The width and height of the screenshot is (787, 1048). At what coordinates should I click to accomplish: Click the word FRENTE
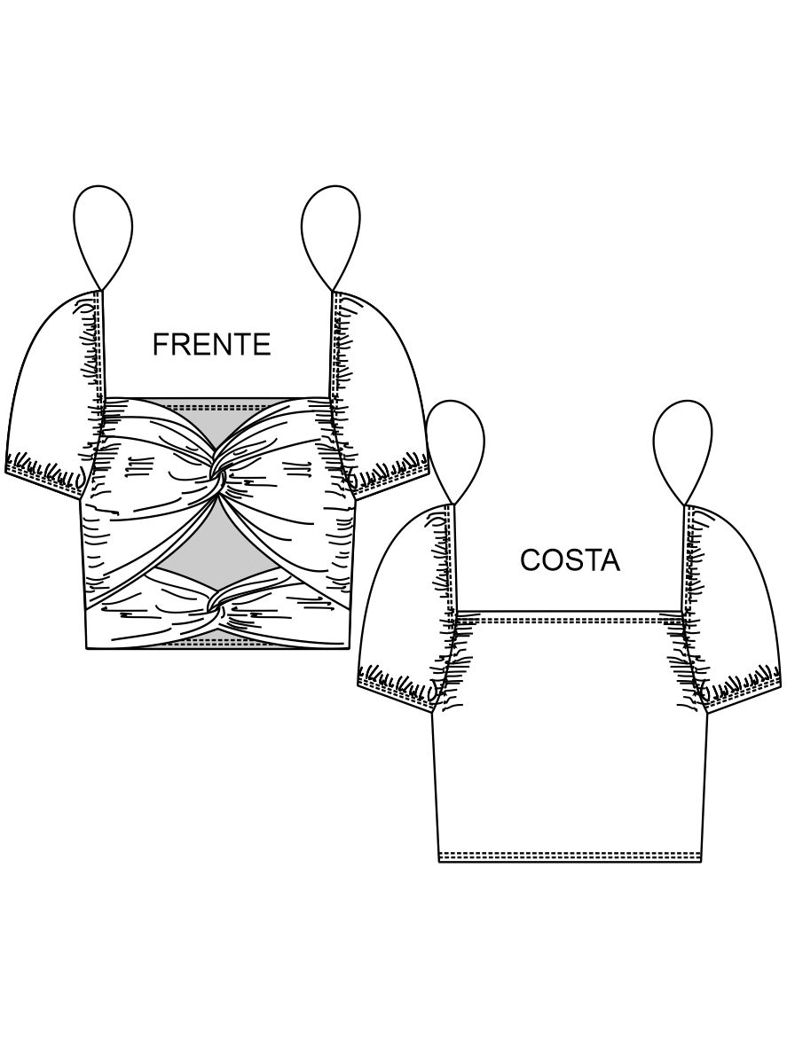click(x=211, y=344)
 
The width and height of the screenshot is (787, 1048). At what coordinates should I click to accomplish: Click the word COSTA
click(x=570, y=560)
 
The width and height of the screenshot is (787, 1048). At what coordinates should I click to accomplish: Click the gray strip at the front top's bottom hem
click(x=219, y=642)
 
